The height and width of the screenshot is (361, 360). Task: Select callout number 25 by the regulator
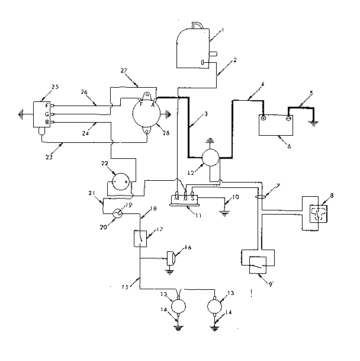point(55,88)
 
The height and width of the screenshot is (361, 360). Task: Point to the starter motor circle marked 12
point(210,158)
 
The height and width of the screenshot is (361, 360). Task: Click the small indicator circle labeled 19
point(118,212)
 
